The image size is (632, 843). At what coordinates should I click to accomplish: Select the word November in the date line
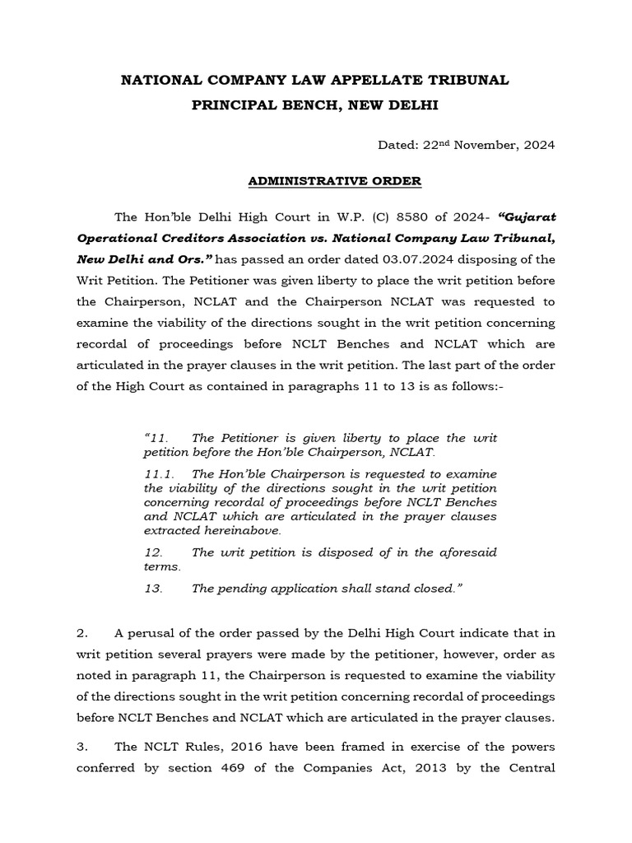click(x=484, y=145)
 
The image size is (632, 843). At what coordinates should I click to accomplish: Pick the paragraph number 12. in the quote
click(x=153, y=552)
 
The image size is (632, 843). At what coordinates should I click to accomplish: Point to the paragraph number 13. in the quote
click(x=153, y=589)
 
